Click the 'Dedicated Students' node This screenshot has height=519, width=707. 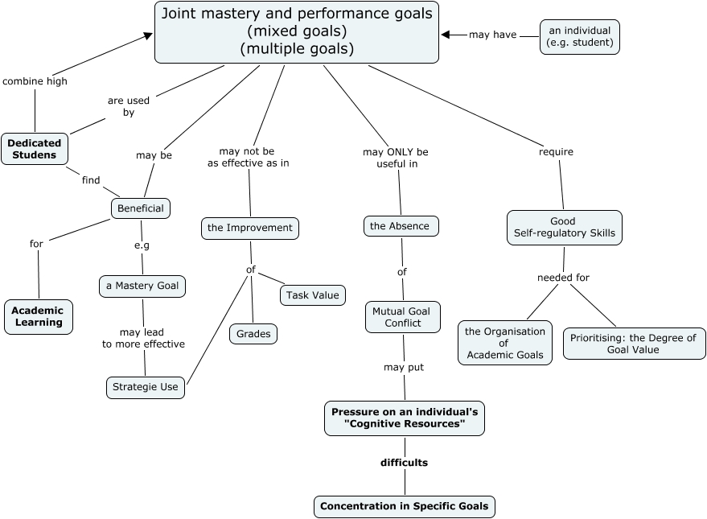[35, 149]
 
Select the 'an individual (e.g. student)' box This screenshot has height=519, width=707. [579, 36]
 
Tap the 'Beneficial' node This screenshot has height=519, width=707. [141, 208]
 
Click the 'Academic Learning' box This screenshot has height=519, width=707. [38, 316]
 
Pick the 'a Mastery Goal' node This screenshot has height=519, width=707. [142, 286]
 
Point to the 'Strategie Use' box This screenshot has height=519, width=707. [146, 387]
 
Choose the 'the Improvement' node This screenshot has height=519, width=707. [250, 228]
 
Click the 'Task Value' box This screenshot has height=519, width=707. [313, 295]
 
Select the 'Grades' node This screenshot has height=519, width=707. [253, 333]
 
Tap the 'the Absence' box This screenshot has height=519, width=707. [401, 226]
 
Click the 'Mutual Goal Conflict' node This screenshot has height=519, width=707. [403, 317]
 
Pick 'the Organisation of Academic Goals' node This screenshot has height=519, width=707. [505, 343]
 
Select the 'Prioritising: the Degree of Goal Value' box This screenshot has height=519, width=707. [634, 344]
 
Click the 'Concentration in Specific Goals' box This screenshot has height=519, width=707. [404, 506]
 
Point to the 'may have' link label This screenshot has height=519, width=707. [492, 35]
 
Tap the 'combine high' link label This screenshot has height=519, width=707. [35, 80]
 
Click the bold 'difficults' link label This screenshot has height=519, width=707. [404, 463]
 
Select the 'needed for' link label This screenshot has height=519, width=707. [563, 278]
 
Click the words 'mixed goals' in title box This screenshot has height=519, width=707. [297, 31]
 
